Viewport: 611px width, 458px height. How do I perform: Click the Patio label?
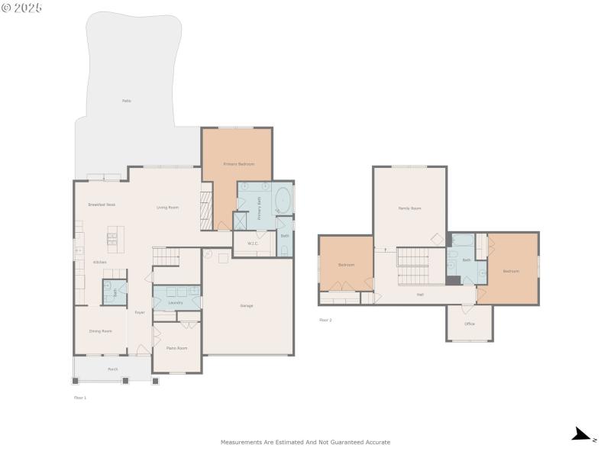click(x=126, y=101)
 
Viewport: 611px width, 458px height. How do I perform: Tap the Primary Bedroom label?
click(x=238, y=164)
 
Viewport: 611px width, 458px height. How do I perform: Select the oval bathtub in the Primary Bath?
click(x=282, y=200)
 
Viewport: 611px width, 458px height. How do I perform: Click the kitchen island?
click(x=115, y=240)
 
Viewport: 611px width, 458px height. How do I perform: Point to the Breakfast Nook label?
click(x=102, y=205)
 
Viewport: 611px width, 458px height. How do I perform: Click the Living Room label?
click(x=167, y=207)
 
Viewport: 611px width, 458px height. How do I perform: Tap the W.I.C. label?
click(x=253, y=244)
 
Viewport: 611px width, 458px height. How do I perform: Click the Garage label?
click(x=247, y=305)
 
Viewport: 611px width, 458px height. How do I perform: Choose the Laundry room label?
click(x=176, y=303)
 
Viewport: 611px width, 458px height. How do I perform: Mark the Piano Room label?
click(x=176, y=348)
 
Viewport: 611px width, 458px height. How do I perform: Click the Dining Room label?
click(x=101, y=331)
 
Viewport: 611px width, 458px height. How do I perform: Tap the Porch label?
click(x=112, y=369)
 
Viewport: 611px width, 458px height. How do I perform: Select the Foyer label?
click(x=140, y=312)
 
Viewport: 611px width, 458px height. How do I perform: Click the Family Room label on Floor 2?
click(x=409, y=208)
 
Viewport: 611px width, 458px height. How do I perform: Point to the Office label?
click(x=470, y=324)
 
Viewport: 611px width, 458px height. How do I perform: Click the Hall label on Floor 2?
click(x=420, y=294)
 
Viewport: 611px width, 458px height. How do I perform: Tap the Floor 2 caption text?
click(x=325, y=320)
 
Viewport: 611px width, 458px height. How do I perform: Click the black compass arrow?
click(x=583, y=435)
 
